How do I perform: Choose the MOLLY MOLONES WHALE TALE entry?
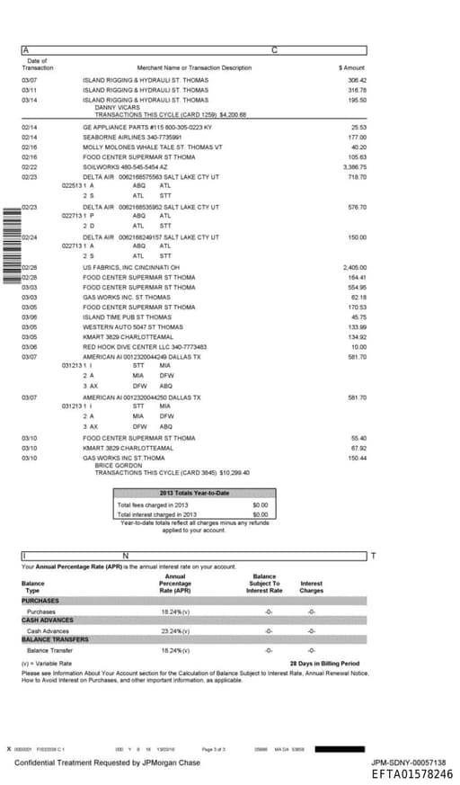coord(152,147)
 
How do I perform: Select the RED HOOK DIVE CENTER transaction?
coord(144,346)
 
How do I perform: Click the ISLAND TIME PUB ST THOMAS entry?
coord(127,317)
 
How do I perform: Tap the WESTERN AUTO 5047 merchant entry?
coord(132,326)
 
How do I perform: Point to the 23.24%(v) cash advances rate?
coord(175,630)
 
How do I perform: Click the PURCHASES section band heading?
coord(40,601)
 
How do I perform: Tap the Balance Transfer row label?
coord(49,649)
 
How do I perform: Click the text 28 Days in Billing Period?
coord(324,664)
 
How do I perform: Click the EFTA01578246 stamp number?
coord(411,774)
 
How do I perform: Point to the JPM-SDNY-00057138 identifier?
coord(408,762)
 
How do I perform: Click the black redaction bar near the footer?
coord(341,748)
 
